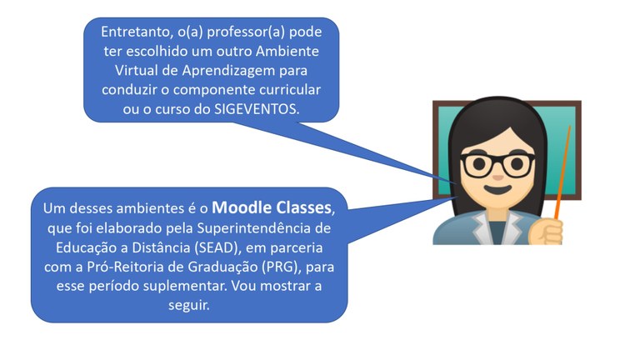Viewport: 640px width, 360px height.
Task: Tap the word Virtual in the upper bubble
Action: (x=124, y=70)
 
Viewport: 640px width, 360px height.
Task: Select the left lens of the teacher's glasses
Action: (x=480, y=164)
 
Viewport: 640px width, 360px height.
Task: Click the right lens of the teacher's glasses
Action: (x=518, y=164)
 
